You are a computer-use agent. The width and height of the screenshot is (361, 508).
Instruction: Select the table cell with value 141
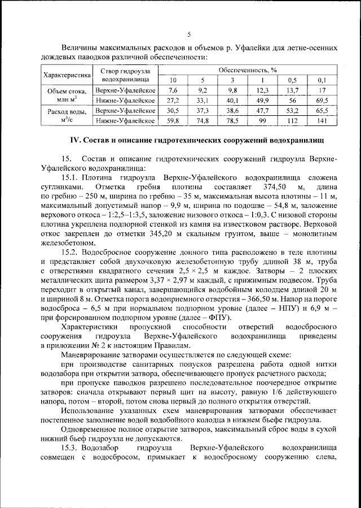322,120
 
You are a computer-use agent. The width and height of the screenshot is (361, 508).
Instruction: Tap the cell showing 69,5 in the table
322,100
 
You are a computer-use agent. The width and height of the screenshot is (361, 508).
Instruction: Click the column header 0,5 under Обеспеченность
292,80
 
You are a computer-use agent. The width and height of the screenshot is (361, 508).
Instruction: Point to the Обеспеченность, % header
248,70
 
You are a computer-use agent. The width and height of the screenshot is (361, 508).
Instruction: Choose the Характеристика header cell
67,75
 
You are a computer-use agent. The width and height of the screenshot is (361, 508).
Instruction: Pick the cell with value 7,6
173,90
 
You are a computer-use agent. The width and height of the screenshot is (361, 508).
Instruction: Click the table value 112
292,120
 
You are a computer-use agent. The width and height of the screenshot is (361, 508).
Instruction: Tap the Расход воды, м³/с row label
67,115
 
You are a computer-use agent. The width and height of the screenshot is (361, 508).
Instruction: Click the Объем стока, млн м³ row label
67,95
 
